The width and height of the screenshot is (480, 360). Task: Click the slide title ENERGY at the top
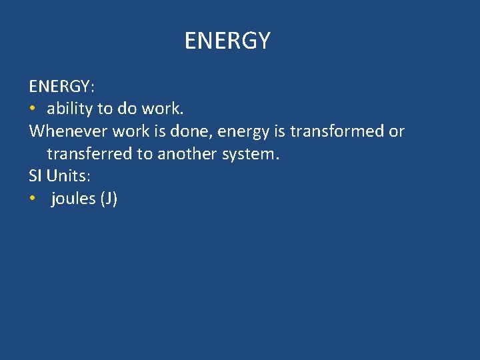point(227,41)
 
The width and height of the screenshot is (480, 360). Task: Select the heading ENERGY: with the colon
point(62,86)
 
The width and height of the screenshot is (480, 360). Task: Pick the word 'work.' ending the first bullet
point(162,109)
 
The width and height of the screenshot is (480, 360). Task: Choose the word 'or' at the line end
point(397,131)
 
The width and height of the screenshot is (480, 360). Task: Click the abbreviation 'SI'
point(35,177)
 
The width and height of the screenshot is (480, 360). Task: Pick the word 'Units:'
point(68,177)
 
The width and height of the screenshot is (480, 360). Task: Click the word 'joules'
point(73,199)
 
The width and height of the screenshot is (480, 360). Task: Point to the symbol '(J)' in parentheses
point(109,199)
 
